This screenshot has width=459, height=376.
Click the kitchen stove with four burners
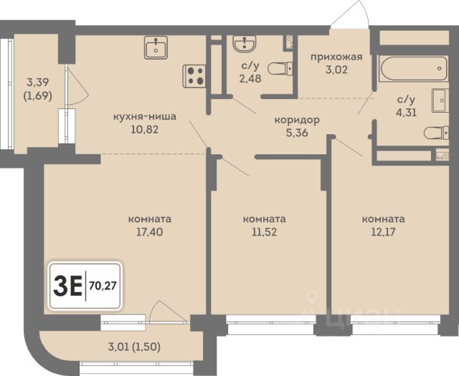[x=194, y=76]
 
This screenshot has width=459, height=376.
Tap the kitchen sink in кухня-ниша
[x=156, y=47]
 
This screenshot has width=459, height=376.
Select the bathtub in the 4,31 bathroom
[x=413, y=69]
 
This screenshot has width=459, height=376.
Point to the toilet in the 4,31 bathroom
[x=436, y=133]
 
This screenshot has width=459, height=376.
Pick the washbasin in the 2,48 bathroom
[x=245, y=44]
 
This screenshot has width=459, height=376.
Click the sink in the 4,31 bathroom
[x=440, y=100]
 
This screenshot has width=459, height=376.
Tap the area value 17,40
[x=150, y=232]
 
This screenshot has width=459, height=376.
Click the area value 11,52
[x=265, y=232]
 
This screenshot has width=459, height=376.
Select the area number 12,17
[x=383, y=232]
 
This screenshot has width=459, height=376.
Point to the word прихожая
[x=336, y=57]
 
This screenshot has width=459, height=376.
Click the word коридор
[x=297, y=121]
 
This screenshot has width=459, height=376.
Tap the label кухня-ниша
[x=145, y=116]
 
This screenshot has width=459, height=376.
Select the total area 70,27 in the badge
[x=103, y=285]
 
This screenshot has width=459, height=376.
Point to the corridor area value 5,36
[x=297, y=133]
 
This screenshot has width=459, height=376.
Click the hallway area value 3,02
[x=336, y=70]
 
